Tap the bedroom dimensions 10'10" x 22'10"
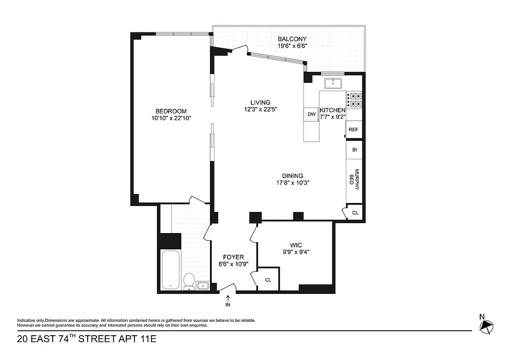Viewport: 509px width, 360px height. pos(171,119)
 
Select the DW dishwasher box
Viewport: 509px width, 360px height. pos(311,114)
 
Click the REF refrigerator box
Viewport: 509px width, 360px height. pos(353,130)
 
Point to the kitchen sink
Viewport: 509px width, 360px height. pos(333,82)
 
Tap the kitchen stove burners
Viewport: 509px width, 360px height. pos(354,100)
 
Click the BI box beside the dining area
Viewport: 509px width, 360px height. pos(354,150)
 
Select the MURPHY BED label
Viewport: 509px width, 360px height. pos(355,180)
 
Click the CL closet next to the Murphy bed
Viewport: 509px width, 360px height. pos(355,212)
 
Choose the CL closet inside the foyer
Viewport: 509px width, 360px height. pos(268,279)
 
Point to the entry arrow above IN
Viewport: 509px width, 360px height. pos(228,297)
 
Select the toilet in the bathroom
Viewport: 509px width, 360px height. pos(189,281)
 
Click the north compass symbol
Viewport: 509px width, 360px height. pos(486,326)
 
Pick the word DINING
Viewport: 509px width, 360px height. pos(292,176)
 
